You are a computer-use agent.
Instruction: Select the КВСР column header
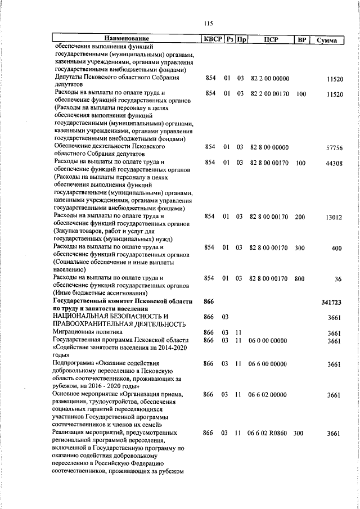pos(212,40)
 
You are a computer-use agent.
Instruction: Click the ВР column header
pos(301,40)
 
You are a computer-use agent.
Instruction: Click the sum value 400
pos(337,248)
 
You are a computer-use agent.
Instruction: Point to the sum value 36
pos(338,279)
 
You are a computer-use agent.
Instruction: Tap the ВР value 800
pos(300,278)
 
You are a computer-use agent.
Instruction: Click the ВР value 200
pos(300,217)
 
